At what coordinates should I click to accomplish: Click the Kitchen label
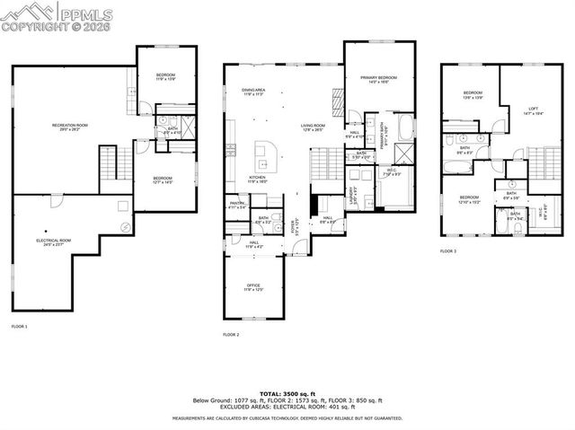[258, 179]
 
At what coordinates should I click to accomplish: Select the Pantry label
[238, 205]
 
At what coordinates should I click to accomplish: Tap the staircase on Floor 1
[108, 163]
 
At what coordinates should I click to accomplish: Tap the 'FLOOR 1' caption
[20, 326]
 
